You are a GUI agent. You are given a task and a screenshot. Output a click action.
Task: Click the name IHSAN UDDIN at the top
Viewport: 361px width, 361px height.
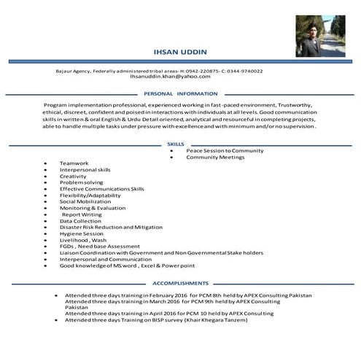point(180,52)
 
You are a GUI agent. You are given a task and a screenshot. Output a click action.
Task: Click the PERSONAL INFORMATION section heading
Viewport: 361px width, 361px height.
point(180,93)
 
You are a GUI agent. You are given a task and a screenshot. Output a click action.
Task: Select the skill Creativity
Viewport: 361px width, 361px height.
point(73,176)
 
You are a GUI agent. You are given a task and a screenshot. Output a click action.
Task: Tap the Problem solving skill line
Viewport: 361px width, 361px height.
point(82,182)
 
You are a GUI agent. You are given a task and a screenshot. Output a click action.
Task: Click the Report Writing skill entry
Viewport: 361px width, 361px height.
point(82,214)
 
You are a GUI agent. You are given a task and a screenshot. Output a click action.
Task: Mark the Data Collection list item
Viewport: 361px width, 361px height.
point(80,221)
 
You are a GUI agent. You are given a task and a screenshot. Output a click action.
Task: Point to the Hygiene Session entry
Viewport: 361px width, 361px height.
point(82,233)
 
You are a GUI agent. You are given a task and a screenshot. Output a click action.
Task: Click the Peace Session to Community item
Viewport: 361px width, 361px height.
point(225,150)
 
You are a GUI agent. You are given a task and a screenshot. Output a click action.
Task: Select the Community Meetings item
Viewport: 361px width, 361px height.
point(215,157)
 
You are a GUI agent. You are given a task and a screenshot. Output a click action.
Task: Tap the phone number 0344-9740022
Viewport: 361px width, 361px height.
point(244,71)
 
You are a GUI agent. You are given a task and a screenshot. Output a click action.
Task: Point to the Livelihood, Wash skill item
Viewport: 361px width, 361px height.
point(83,240)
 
